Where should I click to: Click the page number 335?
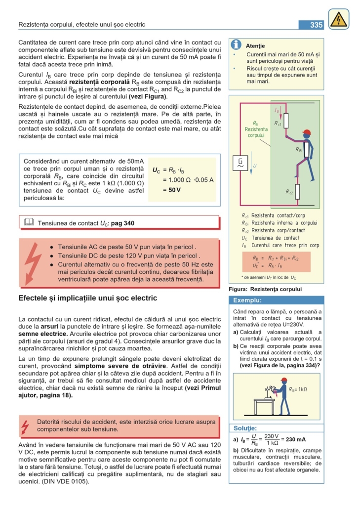pos(316,25)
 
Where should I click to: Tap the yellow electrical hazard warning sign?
pos(338,19)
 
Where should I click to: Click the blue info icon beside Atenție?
pos(237,45)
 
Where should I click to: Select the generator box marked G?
pos(240,163)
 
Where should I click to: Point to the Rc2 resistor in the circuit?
pos(297,191)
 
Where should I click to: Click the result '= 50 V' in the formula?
pos(172,190)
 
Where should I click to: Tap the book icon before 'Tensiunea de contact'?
pos(29,222)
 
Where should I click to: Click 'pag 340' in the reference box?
pos(122,223)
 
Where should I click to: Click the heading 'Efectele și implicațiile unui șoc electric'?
pos(87,298)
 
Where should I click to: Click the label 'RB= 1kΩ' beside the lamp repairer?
pos(298,389)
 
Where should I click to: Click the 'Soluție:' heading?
pos(245,428)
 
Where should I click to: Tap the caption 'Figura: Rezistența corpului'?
pos(265,289)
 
